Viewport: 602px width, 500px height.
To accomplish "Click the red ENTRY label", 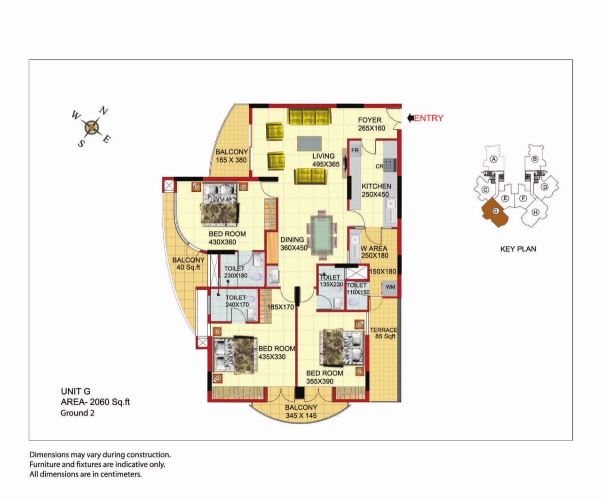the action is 428,118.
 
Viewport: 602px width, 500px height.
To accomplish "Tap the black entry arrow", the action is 411,118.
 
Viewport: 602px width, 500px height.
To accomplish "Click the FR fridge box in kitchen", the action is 355,150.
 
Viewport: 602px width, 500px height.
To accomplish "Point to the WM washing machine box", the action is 390,287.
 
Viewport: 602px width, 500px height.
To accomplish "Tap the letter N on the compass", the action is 103,110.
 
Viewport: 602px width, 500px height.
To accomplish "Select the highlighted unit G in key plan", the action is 494,212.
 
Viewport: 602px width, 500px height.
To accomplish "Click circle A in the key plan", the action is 494,159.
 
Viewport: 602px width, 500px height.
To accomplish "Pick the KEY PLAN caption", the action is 518,249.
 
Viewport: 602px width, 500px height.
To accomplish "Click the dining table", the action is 322,235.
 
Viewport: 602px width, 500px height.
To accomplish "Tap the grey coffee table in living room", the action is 309,143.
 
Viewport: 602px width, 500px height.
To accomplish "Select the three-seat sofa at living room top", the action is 309,117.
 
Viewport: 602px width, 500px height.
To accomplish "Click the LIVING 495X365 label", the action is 326,160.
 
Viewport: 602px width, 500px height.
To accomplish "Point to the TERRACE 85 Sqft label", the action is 384,333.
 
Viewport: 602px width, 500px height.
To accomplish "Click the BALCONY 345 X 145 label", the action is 301,411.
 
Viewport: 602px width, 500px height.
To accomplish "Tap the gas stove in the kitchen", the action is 390,165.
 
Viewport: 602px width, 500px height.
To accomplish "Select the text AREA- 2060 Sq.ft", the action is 95,402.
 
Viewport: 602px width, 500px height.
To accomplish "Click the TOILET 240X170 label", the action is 237,301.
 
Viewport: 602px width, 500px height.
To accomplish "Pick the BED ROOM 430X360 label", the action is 227,238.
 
